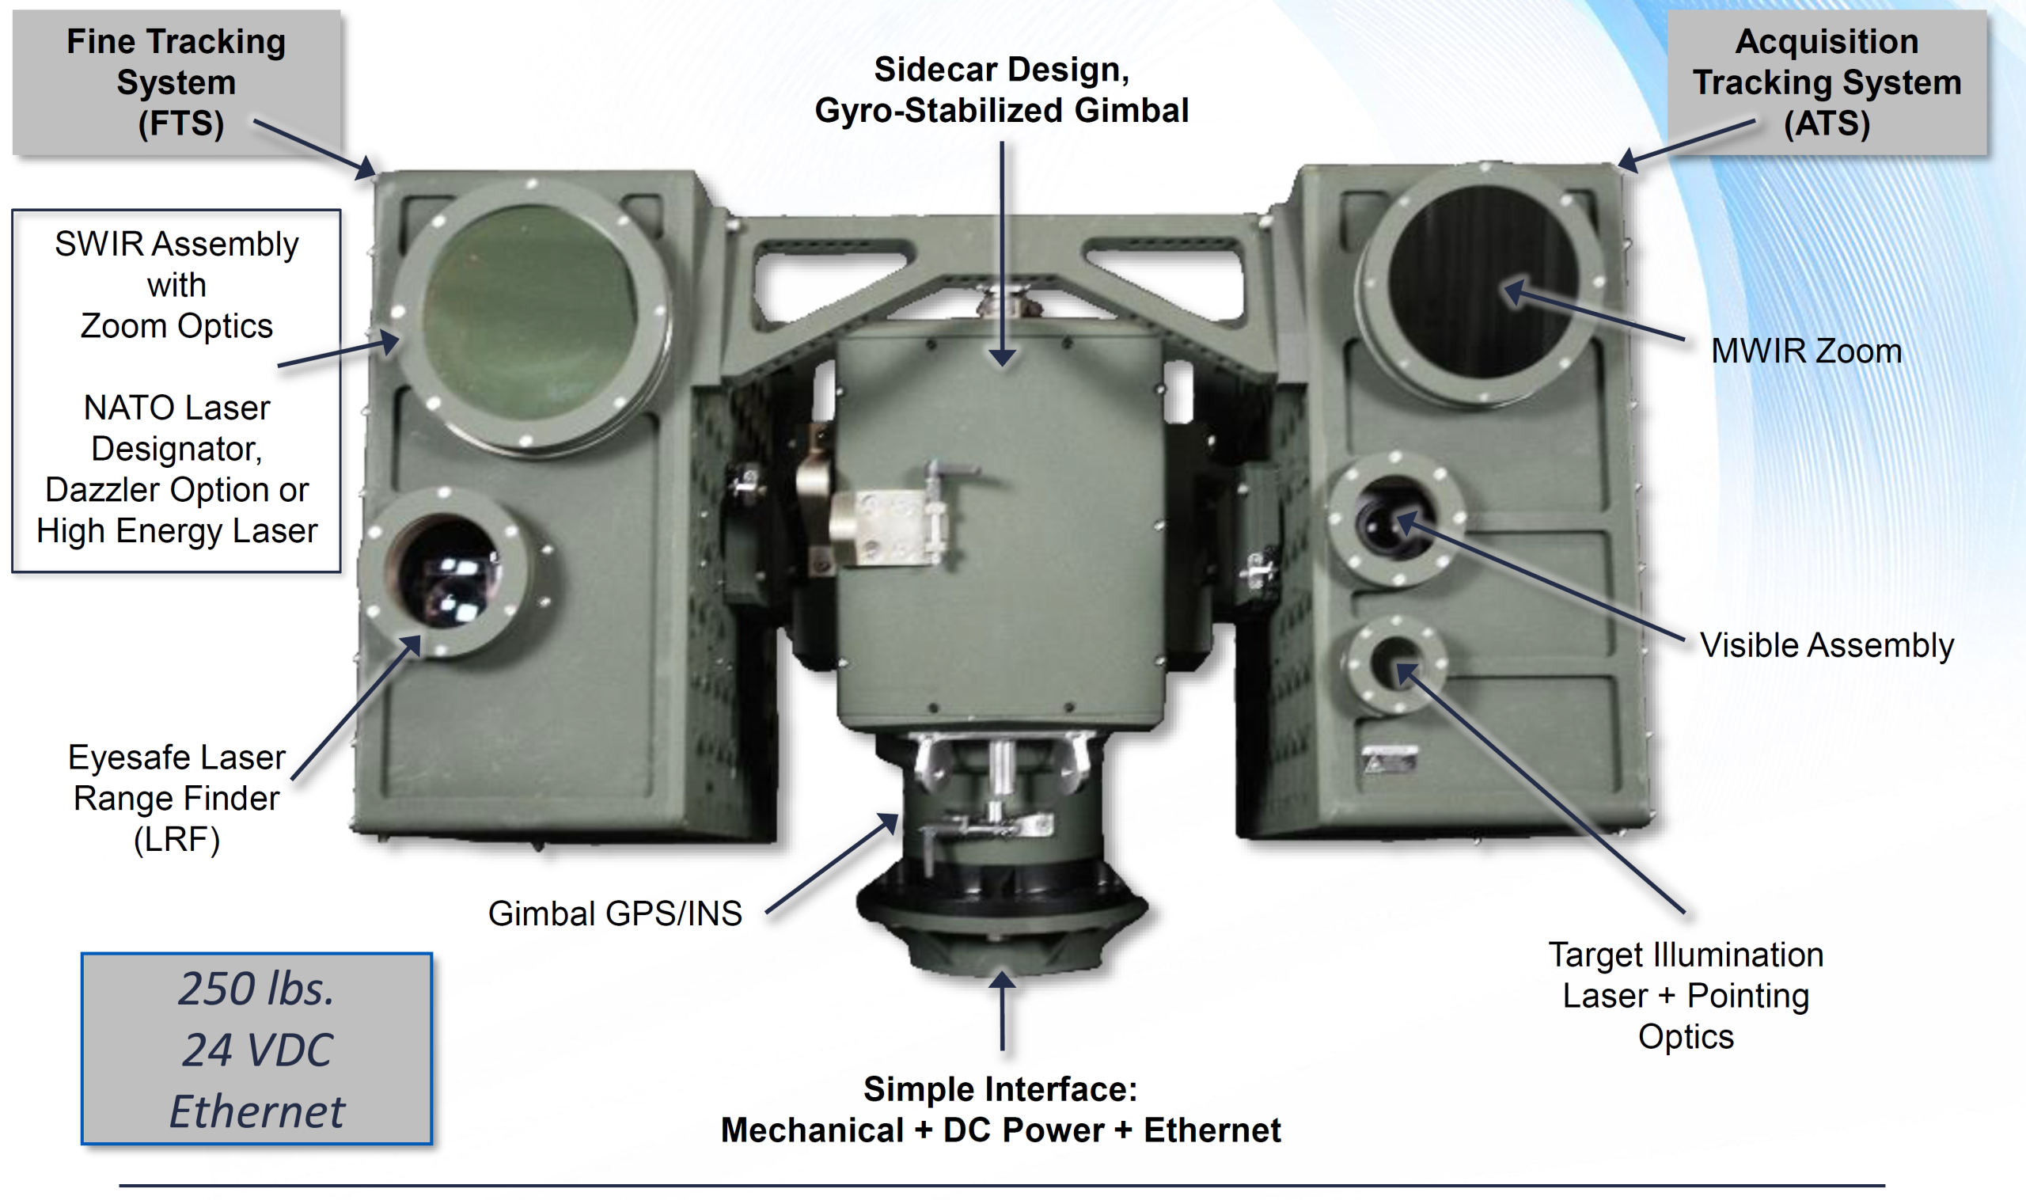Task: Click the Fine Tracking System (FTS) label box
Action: point(176,82)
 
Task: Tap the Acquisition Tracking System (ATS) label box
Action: point(1827,82)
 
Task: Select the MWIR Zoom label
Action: point(1806,351)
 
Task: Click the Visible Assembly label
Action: point(1827,644)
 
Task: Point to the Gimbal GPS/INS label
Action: point(614,913)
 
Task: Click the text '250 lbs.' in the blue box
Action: point(256,988)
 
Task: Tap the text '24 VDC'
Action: point(256,1050)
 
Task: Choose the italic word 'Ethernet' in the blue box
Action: point(256,1111)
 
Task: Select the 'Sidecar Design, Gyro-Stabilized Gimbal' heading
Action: point(1002,89)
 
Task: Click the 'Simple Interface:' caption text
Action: point(1000,1089)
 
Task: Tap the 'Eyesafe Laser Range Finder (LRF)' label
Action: point(176,798)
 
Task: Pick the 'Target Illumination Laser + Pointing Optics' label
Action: point(1686,996)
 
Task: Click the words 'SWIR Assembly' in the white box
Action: point(176,243)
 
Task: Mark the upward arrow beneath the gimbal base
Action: point(1003,1010)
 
